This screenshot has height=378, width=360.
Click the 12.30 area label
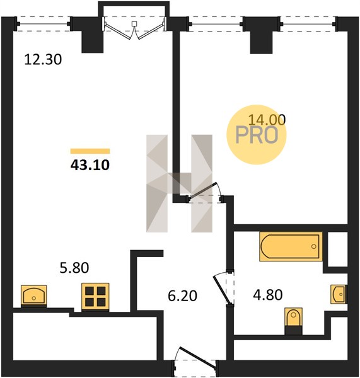coord(44,60)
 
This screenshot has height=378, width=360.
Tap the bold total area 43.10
coord(90,165)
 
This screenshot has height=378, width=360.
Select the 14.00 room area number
coord(267,120)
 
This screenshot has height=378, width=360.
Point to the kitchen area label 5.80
coord(74,268)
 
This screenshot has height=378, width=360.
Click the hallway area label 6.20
coord(182,296)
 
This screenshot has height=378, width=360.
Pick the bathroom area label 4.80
coord(268,295)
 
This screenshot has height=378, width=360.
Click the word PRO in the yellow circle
coord(257,135)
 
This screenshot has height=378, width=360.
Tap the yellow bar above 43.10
coord(90,151)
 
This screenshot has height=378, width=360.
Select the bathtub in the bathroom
coord(291,246)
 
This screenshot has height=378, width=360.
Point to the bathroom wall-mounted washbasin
coord(339,294)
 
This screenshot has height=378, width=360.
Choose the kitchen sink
coord(34,296)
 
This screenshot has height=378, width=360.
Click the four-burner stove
coord(95,297)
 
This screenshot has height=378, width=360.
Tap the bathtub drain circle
coord(314,246)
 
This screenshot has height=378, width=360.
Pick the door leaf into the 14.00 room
coord(202,192)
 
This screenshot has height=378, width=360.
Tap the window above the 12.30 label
coord(44,24)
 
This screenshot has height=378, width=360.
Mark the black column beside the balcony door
coord(93,42)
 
